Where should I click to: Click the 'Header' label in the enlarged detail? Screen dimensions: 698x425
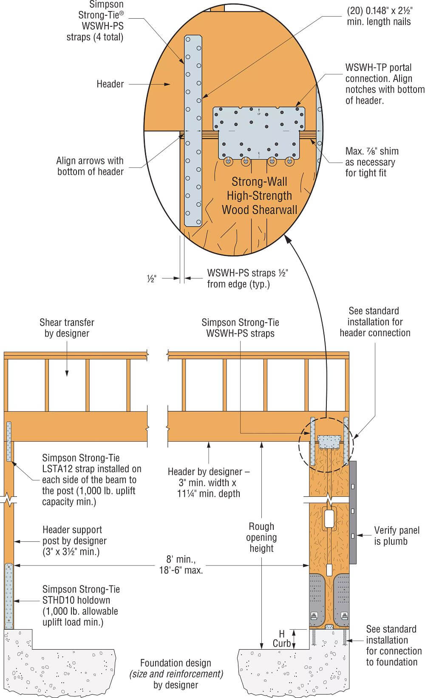[x=110, y=84]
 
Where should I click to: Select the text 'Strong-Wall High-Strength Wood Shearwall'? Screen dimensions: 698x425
[x=259, y=196]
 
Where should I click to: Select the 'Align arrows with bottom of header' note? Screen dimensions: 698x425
[x=90, y=166]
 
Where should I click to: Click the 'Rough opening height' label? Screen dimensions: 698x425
[x=261, y=538]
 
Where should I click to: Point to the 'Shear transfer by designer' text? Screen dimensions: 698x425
[x=67, y=328]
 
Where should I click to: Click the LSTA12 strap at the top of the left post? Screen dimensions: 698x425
[x=9, y=442]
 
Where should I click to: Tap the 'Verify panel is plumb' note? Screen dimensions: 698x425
[x=397, y=535]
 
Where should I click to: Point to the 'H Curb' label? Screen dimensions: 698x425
[x=282, y=639]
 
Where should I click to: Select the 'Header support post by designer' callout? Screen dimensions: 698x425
[x=74, y=540]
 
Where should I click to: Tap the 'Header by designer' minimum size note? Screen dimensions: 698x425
[x=209, y=483]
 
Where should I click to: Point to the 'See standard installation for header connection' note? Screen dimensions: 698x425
[x=375, y=322]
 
